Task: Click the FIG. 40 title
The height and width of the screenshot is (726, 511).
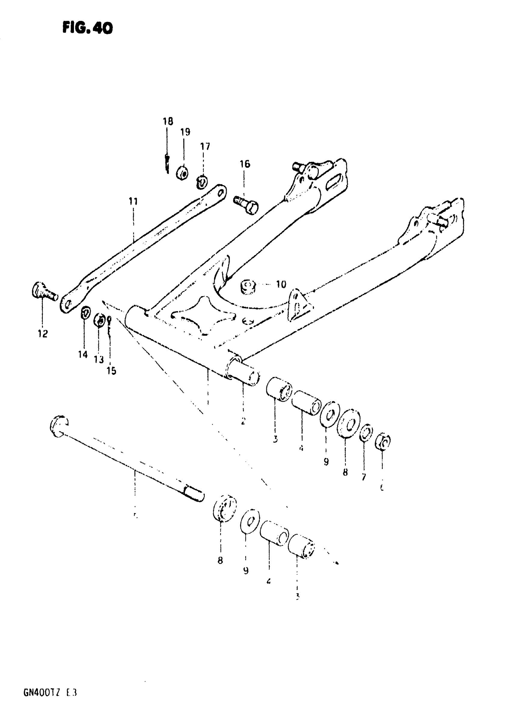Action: pyautogui.click(x=87, y=29)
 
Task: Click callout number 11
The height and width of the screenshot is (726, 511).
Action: pyautogui.click(x=133, y=201)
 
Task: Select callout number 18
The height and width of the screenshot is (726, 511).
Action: pyautogui.click(x=168, y=121)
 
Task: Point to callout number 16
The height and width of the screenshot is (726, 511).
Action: pyautogui.click(x=245, y=164)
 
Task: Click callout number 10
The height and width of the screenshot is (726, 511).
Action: pyautogui.click(x=281, y=284)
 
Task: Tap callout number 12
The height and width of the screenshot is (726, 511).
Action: pyautogui.click(x=43, y=334)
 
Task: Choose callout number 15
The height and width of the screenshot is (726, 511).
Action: pyautogui.click(x=111, y=371)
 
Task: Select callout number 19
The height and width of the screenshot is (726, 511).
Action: pyautogui.click(x=185, y=132)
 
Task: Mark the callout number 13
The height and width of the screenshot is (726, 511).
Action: pyautogui.click(x=99, y=360)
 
